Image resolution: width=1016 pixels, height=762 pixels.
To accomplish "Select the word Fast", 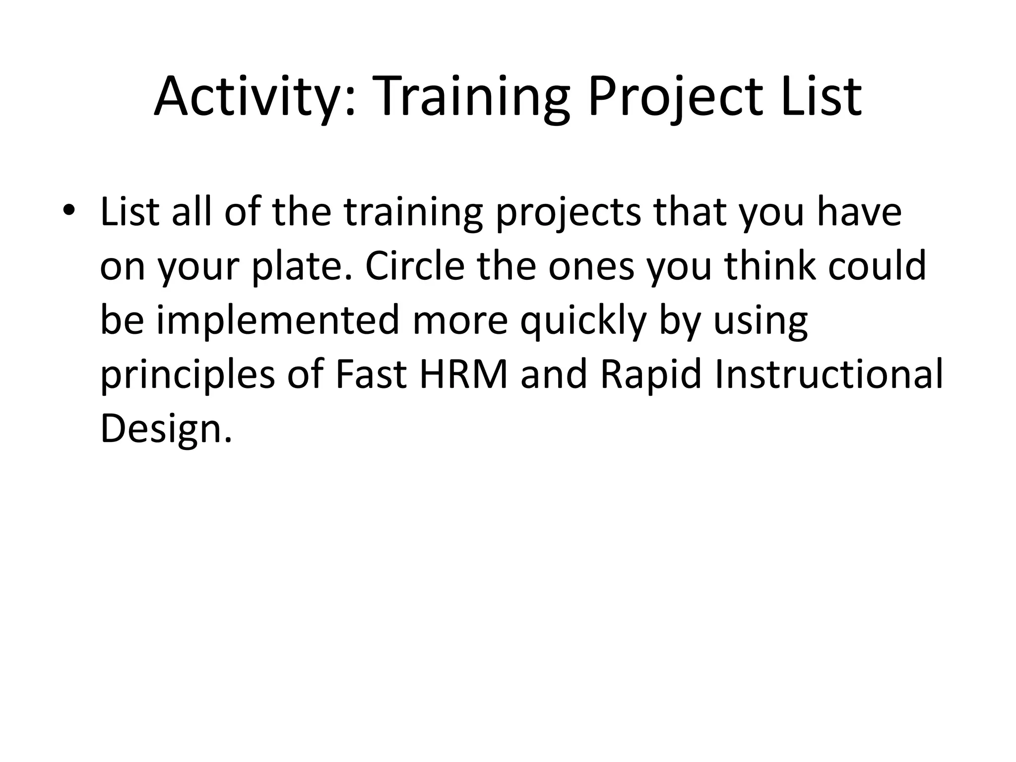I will tap(371, 375).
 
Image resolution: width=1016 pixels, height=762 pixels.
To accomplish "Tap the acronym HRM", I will tap(464, 375).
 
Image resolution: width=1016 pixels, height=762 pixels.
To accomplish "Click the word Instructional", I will tap(828, 375).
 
